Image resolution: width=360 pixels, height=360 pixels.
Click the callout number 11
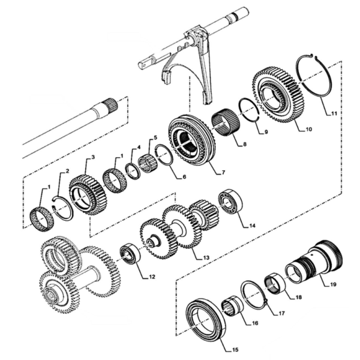point(334,113)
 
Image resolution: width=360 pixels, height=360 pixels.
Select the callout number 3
point(93,157)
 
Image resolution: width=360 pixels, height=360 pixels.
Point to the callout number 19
point(333,284)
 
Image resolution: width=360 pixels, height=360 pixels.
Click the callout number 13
point(206,257)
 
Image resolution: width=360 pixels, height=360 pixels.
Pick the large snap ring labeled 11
point(314,76)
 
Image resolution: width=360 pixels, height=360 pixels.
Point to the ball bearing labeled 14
point(231,203)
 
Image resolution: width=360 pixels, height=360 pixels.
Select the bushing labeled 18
point(275,284)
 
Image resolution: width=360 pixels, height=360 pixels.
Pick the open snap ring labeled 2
point(62,205)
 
